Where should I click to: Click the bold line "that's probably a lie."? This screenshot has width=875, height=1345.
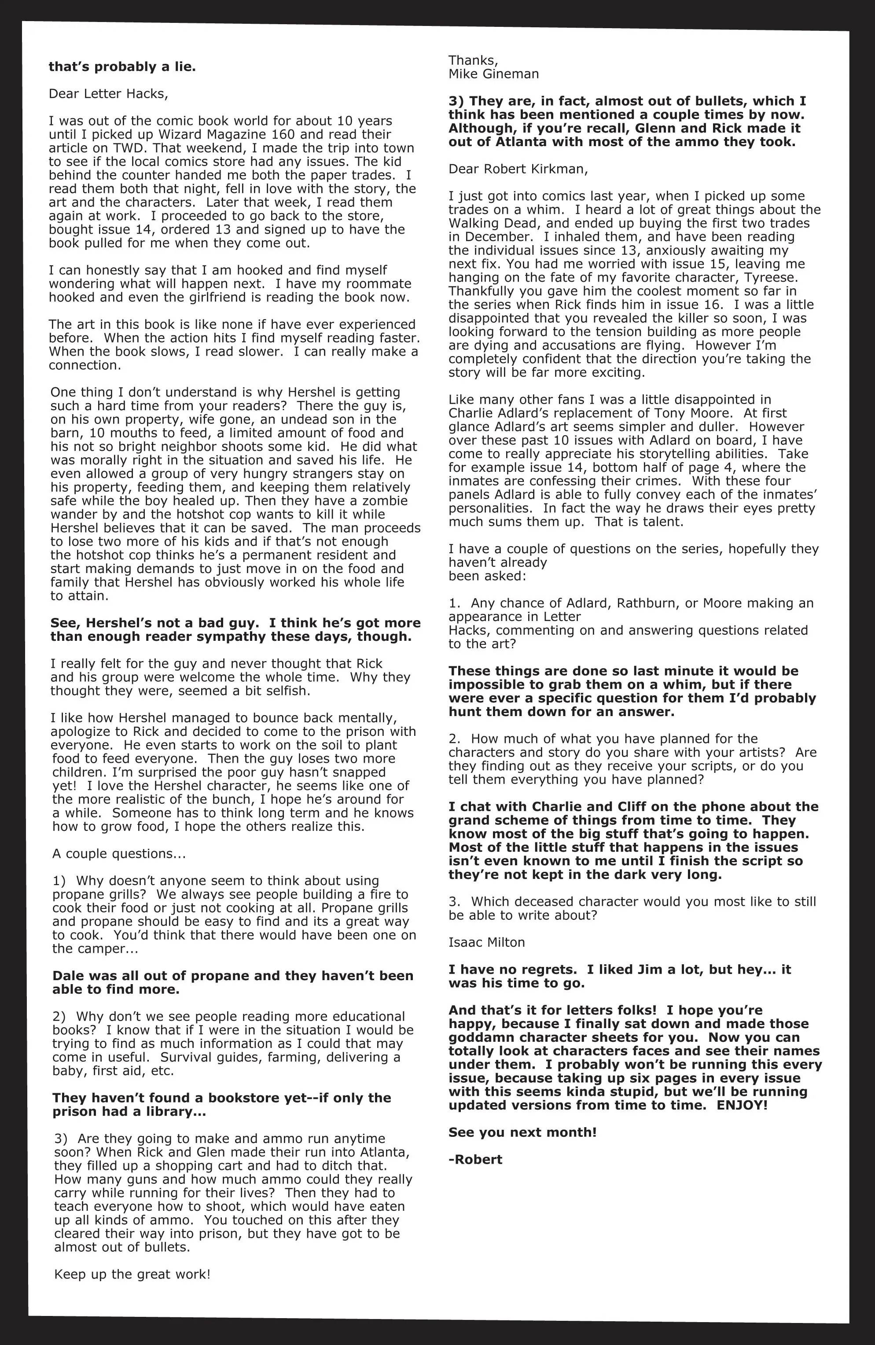[122, 67]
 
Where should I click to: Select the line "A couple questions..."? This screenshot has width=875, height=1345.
[119, 853]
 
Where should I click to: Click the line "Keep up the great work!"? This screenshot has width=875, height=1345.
[132, 1274]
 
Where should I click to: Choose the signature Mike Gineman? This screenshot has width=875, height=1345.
[493, 74]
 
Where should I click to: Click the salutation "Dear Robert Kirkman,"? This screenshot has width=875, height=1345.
[518, 169]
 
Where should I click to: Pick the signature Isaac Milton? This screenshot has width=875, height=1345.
[487, 942]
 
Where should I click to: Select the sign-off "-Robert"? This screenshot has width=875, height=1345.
[475, 1160]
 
